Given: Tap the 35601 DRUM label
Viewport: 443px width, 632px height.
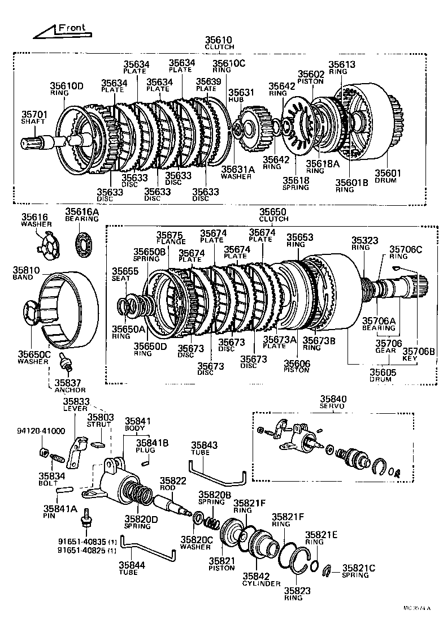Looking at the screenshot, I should (385, 176).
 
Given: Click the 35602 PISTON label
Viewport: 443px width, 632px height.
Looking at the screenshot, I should (311, 77).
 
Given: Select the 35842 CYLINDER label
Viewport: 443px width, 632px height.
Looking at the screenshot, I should (262, 579).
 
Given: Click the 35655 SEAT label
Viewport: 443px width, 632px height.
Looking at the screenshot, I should (121, 274).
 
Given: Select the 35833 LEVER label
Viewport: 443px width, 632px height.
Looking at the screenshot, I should (75, 404).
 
